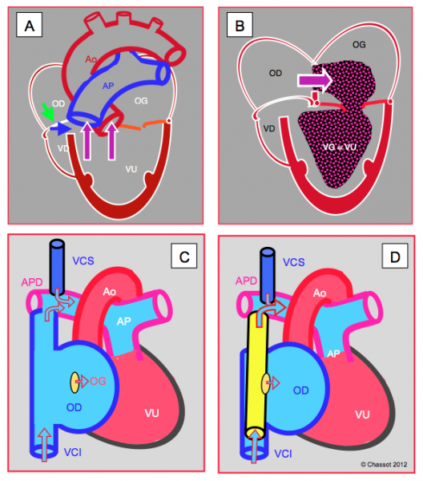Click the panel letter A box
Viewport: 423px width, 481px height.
(29, 25)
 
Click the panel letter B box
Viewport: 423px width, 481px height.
(240, 25)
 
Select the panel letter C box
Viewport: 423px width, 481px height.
(184, 256)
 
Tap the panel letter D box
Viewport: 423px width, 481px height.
(395, 256)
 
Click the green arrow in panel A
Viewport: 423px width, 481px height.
(47, 111)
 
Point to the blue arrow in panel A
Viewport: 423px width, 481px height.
(60, 129)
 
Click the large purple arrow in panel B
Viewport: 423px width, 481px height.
(315, 80)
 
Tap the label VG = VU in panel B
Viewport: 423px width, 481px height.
(340, 148)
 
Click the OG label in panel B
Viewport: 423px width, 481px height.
(359, 45)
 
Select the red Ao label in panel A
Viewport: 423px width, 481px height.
(91, 59)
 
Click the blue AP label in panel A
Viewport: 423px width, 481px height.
(108, 86)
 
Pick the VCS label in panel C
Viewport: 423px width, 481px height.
(83, 261)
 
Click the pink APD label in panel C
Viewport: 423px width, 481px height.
(32, 282)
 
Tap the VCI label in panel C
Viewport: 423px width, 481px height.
(73, 452)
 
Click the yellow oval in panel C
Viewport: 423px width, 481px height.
(75, 382)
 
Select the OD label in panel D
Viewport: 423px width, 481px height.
(300, 390)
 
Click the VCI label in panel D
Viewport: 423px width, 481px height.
(283, 454)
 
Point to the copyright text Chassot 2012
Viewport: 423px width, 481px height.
(384, 464)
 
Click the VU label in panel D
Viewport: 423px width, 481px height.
(362, 414)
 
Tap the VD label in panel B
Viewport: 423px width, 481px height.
(269, 128)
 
